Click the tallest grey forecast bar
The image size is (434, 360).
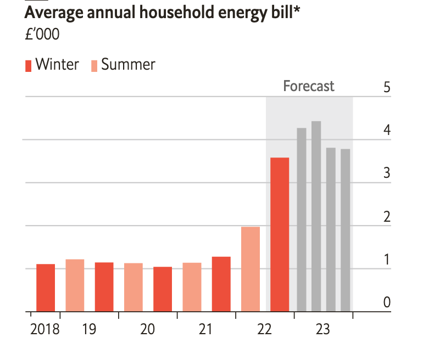pos(316,216)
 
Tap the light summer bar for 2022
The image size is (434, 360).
pos(250,269)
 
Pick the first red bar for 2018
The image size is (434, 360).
pos(46,288)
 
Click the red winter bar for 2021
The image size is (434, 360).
pos(221,284)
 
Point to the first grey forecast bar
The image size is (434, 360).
pos(302,220)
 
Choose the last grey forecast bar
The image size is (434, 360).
pos(345,230)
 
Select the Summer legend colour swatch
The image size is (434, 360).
pos(94,65)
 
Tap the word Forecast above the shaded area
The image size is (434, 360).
pos(309,86)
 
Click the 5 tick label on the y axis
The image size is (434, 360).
pos(387,87)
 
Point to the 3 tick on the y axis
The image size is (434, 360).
pos(387,173)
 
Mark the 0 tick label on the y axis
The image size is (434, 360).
pos(387,302)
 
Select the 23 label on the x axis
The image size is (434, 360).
pos(322,330)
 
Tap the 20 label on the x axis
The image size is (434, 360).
pos(147,330)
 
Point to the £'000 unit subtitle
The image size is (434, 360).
pos(42,35)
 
